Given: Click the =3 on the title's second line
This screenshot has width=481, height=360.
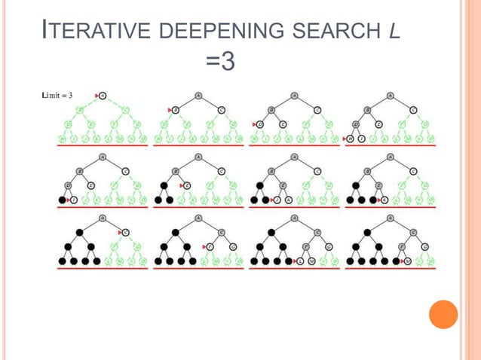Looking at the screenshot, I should tap(220, 60).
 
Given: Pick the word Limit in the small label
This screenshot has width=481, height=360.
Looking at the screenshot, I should tap(52, 96).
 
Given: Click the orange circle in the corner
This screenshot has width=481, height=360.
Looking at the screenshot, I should tap(443, 314).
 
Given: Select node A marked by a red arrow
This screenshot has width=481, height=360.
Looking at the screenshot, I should tap(103, 96).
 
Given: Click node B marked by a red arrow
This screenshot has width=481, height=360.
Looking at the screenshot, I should tap(175, 109).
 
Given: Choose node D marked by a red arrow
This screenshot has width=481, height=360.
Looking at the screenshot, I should tap(259, 124).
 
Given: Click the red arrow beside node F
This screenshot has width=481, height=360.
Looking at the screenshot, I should tap(204, 246).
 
